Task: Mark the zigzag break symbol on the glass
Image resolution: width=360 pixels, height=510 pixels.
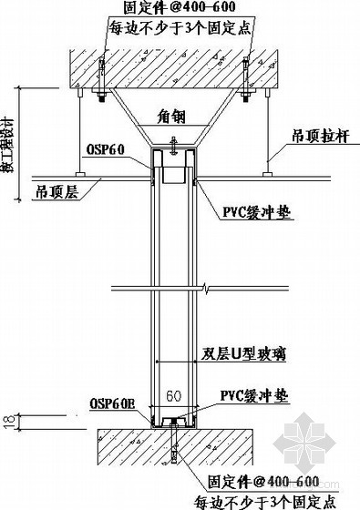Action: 209,292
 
